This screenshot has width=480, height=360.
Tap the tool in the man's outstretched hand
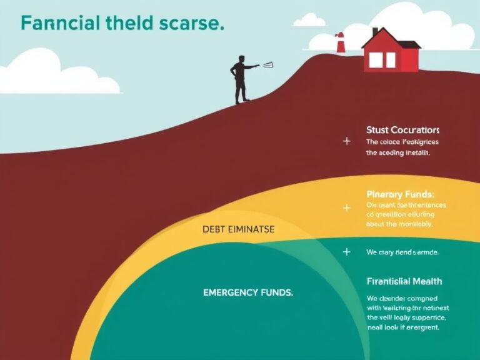click(x=268, y=64)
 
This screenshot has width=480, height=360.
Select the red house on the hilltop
click(x=390, y=54)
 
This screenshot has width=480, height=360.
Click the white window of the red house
click(x=382, y=60)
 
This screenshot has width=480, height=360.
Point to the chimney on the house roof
click(x=375, y=32)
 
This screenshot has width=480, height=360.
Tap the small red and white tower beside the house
click(x=340, y=42)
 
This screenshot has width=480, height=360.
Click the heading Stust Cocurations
click(x=402, y=130)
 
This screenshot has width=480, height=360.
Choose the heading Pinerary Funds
click(x=399, y=194)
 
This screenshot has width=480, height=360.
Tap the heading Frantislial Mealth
click(x=404, y=281)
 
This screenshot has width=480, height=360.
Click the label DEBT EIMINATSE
click(x=238, y=229)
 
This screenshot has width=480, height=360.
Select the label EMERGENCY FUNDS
click(x=248, y=292)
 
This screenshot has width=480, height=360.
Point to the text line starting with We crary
click(x=402, y=252)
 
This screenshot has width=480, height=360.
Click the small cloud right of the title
click(x=309, y=21)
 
